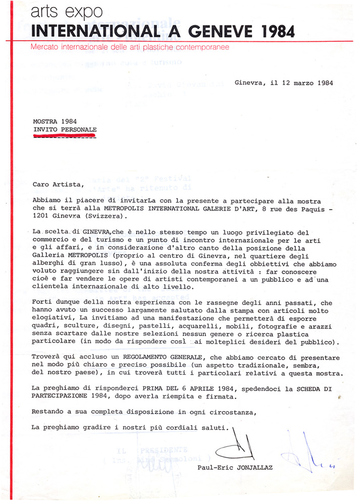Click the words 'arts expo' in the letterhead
59,12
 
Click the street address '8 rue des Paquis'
279,208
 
